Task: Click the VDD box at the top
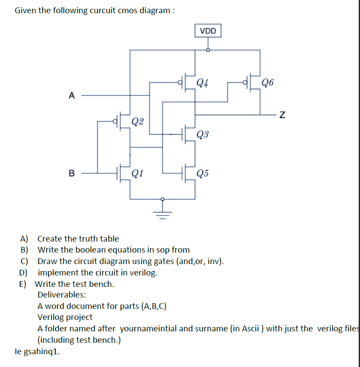(x=208, y=31)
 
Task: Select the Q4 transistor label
(x=203, y=82)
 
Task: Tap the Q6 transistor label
(x=267, y=82)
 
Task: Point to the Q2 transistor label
(x=137, y=121)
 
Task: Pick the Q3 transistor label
(x=203, y=134)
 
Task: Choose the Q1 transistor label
(x=137, y=172)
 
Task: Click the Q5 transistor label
(x=203, y=172)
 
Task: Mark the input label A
(x=72, y=95)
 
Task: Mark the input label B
(x=72, y=173)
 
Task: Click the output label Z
(x=282, y=115)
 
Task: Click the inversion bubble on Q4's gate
(x=180, y=82)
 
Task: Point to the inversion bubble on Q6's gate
(x=245, y=82)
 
